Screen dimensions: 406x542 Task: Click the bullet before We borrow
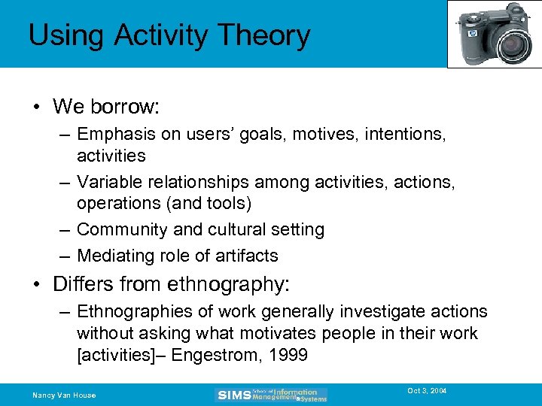click(x=37, y=107)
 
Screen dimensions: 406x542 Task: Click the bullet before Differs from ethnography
click(x=37, y=285)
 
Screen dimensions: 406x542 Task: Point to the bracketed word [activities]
click(x=123, y=355)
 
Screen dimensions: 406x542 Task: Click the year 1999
click(x=290, y=355)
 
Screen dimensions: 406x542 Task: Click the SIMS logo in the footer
click(x=233, y=395)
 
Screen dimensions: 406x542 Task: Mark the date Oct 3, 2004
click(x=427, y=392)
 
